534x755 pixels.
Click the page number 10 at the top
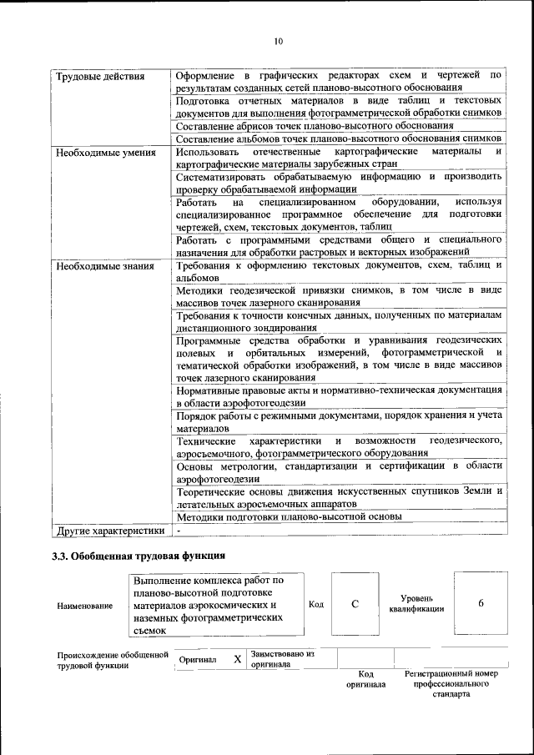[x=279, y=40]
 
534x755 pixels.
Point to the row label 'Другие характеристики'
[x=110, y=530]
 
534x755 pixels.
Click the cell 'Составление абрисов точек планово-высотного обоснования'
[x=315, y=125]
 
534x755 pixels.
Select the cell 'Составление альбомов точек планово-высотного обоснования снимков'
[x=338, y=138]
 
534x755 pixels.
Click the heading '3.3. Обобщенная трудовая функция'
[x=139, y=555]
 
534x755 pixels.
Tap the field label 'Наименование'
[x=85, y=606]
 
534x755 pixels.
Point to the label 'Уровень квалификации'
[x=416, y=604]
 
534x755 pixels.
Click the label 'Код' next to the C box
[x=315, y=604]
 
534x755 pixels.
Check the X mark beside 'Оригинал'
[x=237, y=659]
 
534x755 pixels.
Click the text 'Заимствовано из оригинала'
[x=282, y=659]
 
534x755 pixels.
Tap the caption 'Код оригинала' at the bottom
[x=365, y=679]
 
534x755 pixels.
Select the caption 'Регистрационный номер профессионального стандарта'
[x=451, y=683]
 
